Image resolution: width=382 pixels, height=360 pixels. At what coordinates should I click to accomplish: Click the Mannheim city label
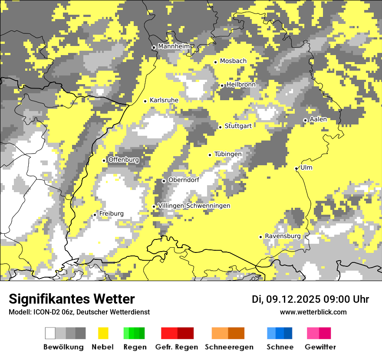click(x=174, y=46)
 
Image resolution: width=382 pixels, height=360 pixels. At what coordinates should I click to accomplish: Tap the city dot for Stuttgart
click(x=221, y=127)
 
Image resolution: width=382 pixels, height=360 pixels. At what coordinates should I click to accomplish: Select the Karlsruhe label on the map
click(x=164, y=100)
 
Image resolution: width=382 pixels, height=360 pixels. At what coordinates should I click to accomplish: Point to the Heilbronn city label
click(x=241, y=85)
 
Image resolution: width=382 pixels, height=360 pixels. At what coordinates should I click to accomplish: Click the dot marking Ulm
click(x=296, y=169)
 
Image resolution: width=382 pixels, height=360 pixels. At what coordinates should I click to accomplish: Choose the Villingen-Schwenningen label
click(x=194, y=206)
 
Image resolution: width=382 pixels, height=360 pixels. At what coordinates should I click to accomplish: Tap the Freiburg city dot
click(x=95, y=215)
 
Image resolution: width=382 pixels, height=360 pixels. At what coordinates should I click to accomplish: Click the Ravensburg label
click(x=283, y=236)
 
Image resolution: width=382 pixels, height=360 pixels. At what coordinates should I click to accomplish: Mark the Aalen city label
click(x=318, y=119)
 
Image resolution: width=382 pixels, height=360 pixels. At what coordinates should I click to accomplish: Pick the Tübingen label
click(x=228, y=154)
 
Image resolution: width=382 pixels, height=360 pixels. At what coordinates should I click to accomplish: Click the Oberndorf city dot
click(x=164, y=181)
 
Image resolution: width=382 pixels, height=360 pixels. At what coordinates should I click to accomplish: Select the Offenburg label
click(x=124, y=160)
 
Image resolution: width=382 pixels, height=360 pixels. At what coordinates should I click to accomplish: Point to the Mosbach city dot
click(x=215, y=62)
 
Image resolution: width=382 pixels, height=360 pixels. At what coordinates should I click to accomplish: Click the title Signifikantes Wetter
click(x=72, y=299)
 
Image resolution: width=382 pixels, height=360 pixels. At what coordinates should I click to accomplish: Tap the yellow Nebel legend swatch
click(x=103, y=333)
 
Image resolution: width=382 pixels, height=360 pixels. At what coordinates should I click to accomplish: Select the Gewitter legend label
click(x=320, y=347)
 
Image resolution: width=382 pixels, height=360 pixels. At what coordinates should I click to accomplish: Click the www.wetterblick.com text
click(x=313, y=312)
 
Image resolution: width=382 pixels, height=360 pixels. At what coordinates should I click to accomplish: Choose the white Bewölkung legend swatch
click(x=50, y=333)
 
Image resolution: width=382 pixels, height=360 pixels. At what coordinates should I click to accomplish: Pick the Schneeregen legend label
click(x=229, y=347)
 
